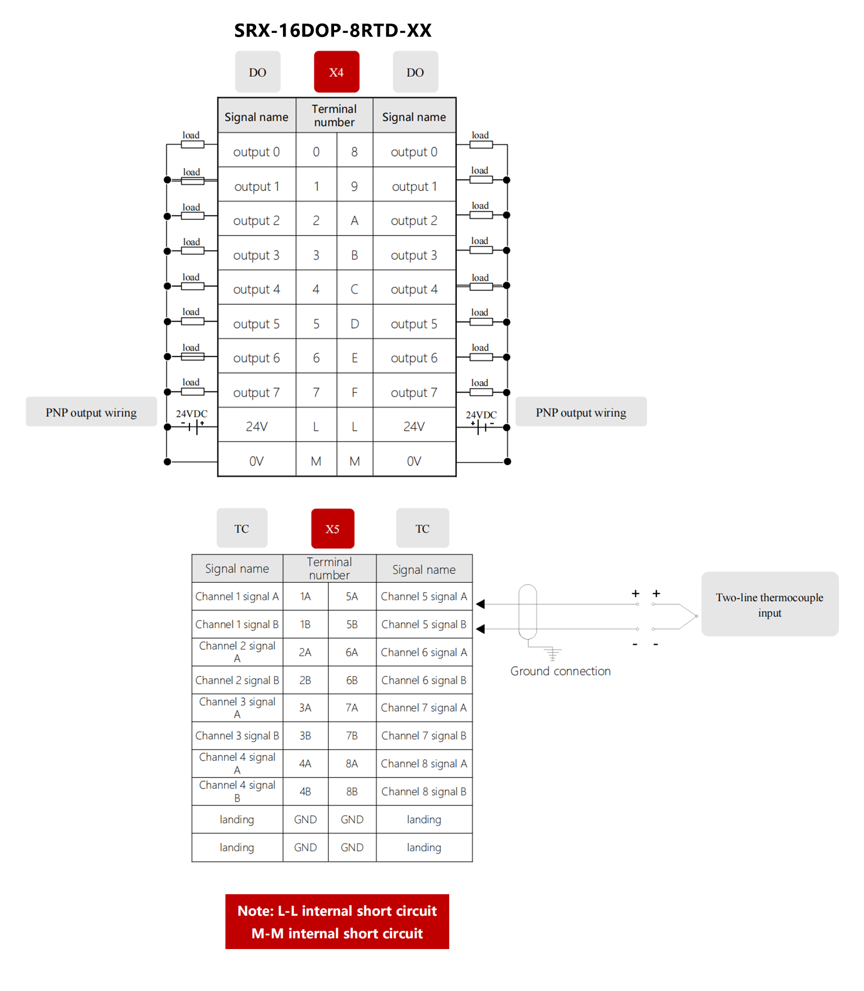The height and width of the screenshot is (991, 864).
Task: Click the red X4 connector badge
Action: pyautogui.click(x=336, y=72)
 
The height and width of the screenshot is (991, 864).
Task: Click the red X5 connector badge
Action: pyautogui.click(x=332, y=529)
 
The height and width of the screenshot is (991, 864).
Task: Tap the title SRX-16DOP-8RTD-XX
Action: pyautogui.click(x=332, y=31)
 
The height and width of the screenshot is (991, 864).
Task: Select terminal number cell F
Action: pyautogui.click(x=355, y=393)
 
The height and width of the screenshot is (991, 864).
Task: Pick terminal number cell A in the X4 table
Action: pyautogui.click(x=355, y=220)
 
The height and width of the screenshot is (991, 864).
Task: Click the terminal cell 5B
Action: pyautogui.click(x=352, y=624)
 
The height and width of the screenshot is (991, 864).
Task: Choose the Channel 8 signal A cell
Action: pyautogui.click(x=424, y=764)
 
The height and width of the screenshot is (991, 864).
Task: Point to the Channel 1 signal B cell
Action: pyautogui.click(x=237, y=624)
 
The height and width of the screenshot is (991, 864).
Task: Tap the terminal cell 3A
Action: pyautogui.click(x=305, y=708)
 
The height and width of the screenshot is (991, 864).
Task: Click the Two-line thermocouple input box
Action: pyautogui.click(x=769, y=604)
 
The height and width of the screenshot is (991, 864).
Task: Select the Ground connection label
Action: pyautogui.click(x=560, y=671)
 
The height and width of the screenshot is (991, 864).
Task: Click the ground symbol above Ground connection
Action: pyautogui.click(x=553, y=654)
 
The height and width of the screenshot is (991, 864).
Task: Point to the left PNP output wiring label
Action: pyautogui.click(x=91, y=412)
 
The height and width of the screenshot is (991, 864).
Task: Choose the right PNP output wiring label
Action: pyautogui.click(x=580, y=412)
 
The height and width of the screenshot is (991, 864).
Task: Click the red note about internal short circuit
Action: pyautogui.click(x=337, y=922)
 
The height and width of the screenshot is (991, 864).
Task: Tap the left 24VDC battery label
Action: pyautogui.click(x=192, y=414)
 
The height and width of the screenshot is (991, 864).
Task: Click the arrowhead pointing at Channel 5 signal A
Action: pyautogui.click(x=480, y=604)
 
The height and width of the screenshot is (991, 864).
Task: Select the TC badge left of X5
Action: pyautogui.click(x=242, y=529)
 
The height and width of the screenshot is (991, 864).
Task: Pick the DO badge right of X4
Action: pyautogui.click(x=415, y=72)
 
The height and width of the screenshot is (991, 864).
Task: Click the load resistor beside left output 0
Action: pyautogui.click(x=193, y=145)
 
